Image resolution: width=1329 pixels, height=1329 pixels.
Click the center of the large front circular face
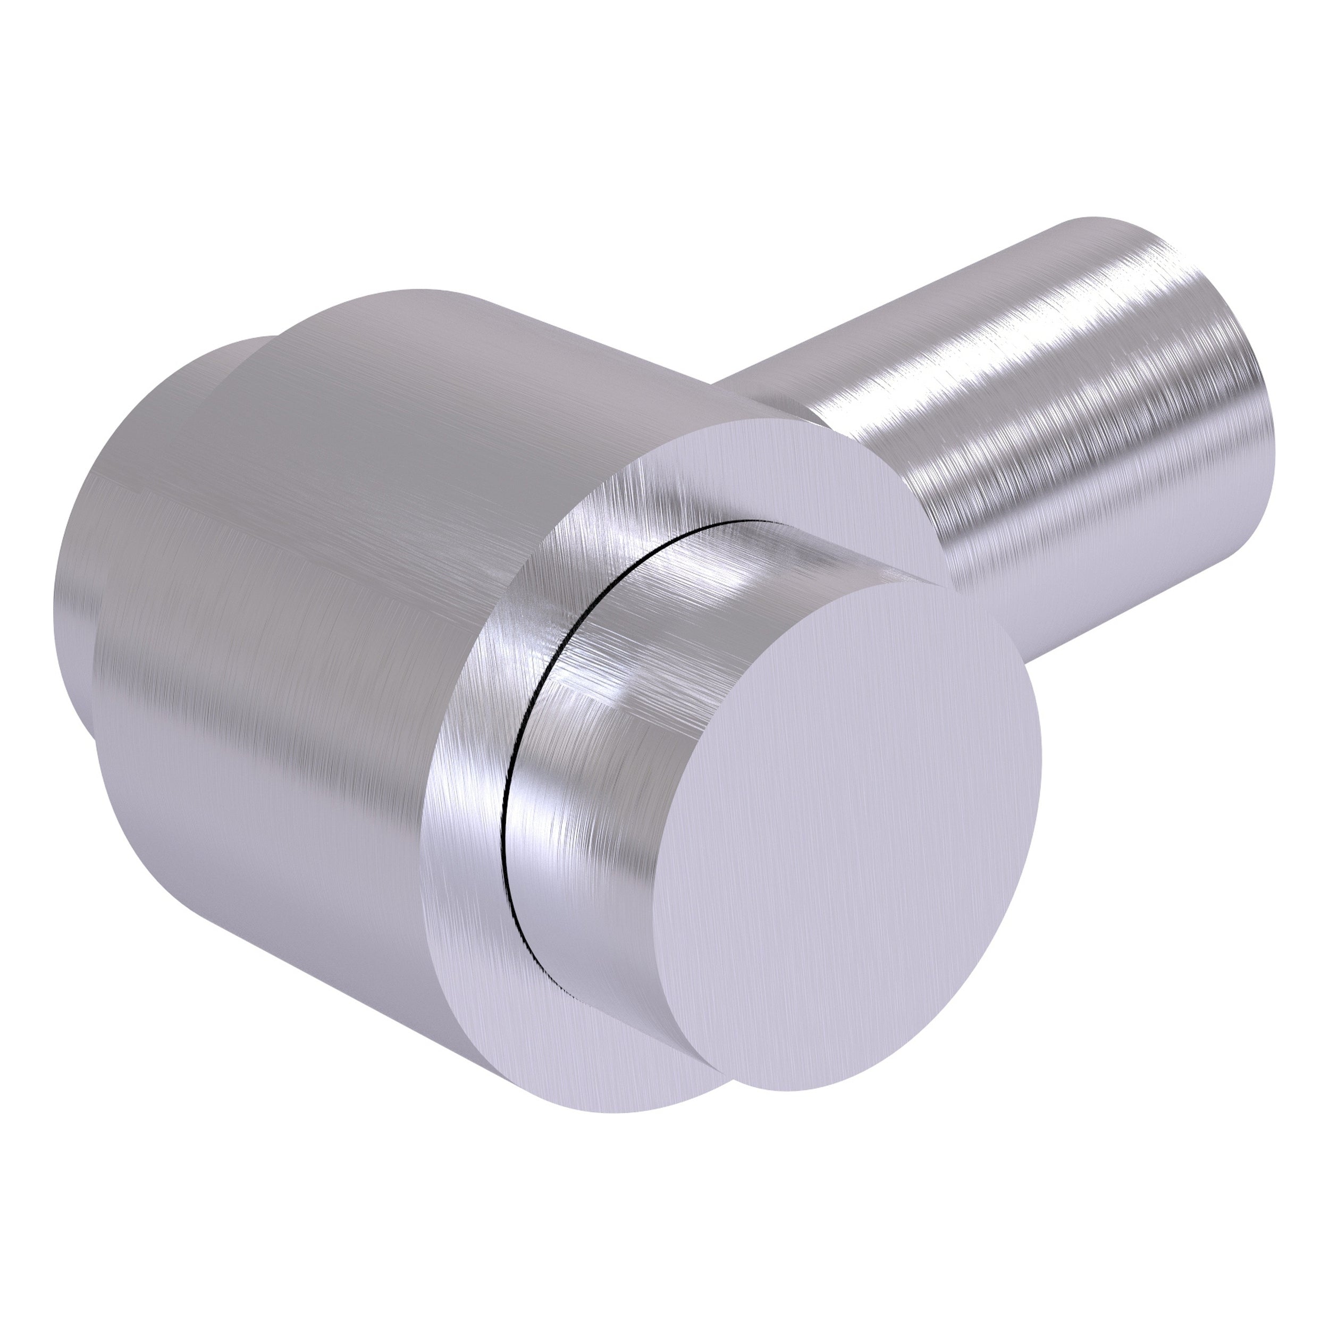[853, 826]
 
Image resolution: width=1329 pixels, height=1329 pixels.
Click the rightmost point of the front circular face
[1041, 763]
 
